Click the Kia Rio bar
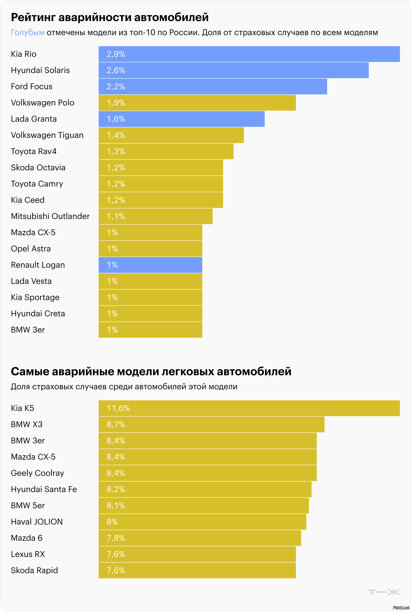coord(249,54)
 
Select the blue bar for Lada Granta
coord(181,119)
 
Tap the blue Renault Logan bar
coord(150,265)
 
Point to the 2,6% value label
coord(116,70)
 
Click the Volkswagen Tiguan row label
coord(47,135)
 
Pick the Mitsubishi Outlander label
coord(50,216)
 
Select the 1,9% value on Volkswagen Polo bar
coord(116,103)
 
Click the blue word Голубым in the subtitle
coord(28,32)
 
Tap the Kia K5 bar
coord(249,408)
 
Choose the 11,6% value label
coord(118,408)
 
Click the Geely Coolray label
coord(37,473)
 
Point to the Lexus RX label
coord(28,554)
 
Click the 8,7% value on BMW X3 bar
coord(116,424)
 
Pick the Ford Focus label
coord(31,87)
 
